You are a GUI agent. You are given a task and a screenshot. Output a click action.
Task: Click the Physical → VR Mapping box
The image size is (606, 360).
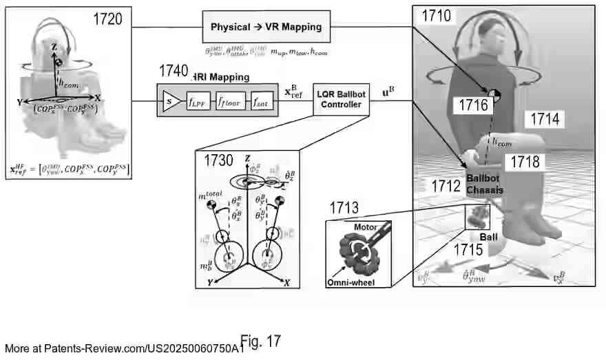(266, 27)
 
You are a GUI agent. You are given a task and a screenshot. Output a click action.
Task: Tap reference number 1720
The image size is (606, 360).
(108, 19)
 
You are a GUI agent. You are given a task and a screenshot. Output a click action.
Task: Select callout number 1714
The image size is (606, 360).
(548, 119)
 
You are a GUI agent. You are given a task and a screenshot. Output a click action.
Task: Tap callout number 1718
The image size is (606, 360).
(522, 162)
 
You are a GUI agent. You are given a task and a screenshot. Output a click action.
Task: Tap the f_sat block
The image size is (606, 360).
(262, 100)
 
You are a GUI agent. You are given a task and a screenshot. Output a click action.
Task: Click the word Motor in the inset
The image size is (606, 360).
(366, 226)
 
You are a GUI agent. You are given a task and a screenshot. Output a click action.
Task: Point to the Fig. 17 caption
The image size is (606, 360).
(260, 341)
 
